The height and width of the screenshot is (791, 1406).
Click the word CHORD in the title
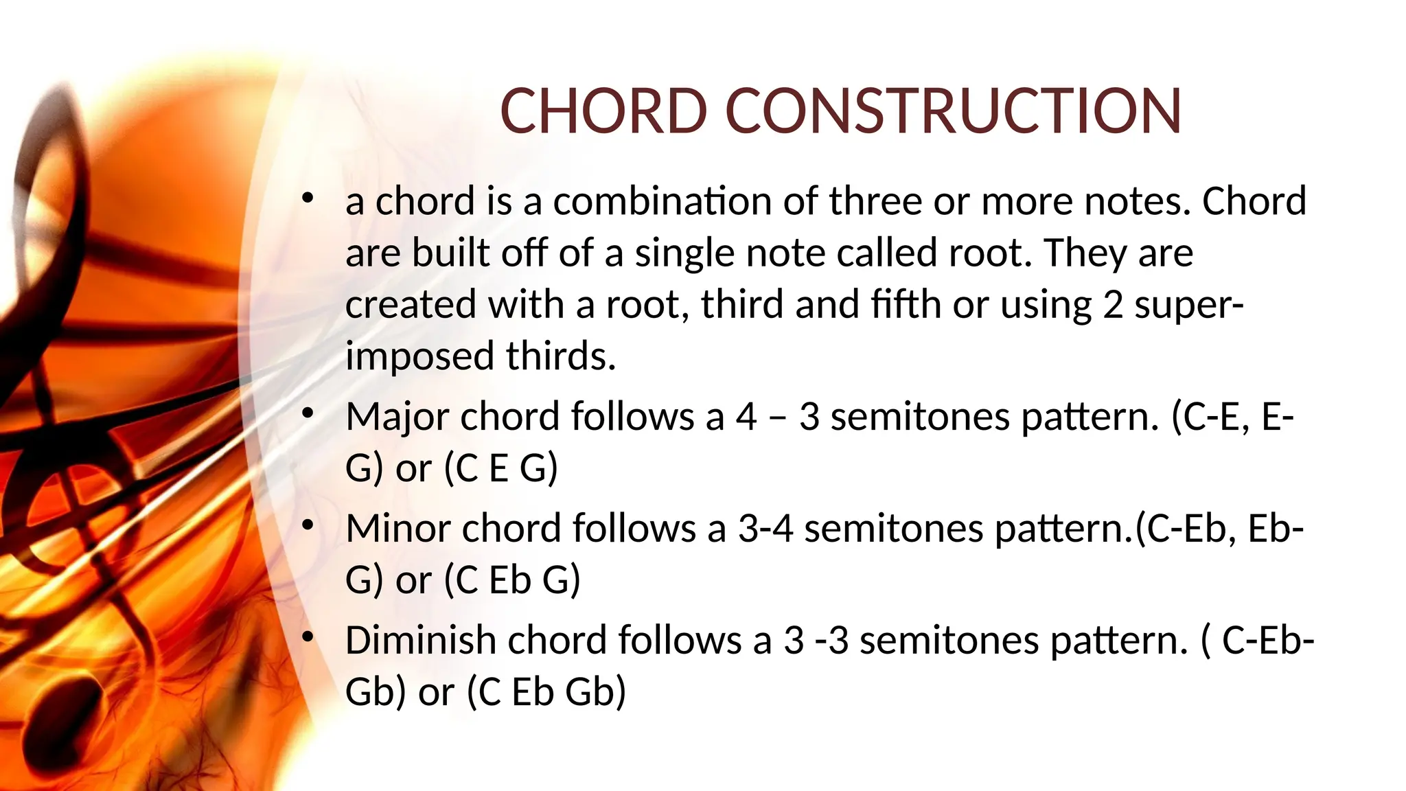point(603,111)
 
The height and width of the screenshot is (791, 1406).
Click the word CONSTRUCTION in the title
point(954,111)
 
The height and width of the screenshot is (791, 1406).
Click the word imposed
point(419,356)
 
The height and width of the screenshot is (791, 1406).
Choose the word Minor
point(397,529)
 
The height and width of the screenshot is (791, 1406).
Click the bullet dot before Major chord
point(308,413)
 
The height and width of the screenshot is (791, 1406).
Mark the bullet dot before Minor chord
point(308,525)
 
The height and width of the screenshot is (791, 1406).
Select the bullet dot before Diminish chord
point(308,637)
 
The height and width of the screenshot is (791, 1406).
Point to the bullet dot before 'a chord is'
point(308,198)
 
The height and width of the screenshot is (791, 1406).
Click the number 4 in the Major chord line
point(746,417)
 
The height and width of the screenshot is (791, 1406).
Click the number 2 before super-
point(1113,305)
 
